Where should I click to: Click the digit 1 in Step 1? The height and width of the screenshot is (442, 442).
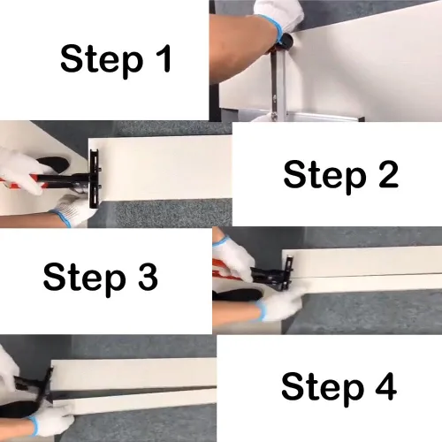[164, 58]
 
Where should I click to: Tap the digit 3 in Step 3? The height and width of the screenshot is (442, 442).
[148, 277]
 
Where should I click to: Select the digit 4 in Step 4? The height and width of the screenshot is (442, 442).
[385, 386]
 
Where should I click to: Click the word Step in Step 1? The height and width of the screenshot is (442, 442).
[102, 61]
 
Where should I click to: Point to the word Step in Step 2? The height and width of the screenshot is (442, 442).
[325, 177]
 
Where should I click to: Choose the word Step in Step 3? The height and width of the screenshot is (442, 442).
[85, 280]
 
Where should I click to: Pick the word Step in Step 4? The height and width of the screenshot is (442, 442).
[323, 390]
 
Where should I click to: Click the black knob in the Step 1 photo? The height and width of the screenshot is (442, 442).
[286, 41]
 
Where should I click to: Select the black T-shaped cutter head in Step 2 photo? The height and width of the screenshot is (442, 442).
[95, 179]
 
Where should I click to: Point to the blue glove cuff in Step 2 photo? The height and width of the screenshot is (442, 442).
[61, 218]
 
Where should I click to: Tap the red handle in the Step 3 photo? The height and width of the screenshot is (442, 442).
[227, 270]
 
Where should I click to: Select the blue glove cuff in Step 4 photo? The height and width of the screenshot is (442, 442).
[34, 423]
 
